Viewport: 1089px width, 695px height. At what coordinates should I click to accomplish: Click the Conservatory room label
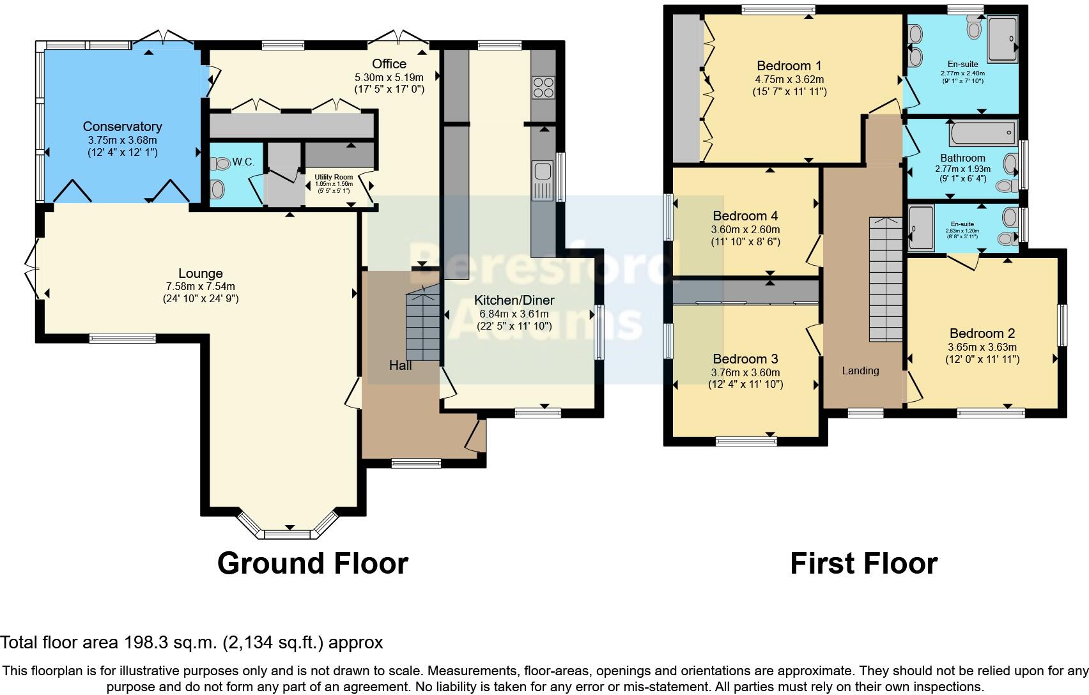pyautogui.click(x=122, y=126)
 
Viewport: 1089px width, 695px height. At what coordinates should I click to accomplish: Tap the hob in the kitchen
pyautogui.click(x=543, y=88)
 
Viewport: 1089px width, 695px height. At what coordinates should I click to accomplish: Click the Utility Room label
pyautogui.click(x=333, y=177)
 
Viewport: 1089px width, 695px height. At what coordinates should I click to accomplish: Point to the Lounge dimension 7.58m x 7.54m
pyautogui.click(x=201, y=286)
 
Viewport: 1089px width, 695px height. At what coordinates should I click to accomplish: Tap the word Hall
pyautogui.click(x=401, y=365)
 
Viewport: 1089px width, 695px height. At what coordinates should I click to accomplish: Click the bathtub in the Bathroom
pyautogui.click(x=982, y=134)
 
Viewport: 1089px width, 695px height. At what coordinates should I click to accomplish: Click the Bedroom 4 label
pyautogui.click(x=745, y=216)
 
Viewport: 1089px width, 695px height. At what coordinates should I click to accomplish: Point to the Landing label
pyautogui.click(x=860, y=370)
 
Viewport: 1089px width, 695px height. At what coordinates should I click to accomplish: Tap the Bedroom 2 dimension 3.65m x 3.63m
pyautogui.click(x=982, y=347)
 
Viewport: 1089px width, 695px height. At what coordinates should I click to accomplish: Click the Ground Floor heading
pyautogui.click(x=313, y=563)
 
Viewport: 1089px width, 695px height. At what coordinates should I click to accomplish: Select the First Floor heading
pyautogui.click(x=863, y=563)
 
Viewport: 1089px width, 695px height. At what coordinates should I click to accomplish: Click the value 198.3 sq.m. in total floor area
pyautogui.click(x=169, y=642)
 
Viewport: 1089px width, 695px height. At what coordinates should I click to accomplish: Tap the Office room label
pyautogui.click(x=389, y=63)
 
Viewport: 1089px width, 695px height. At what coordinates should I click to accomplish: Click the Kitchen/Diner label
pyautogui.click(x=514, y=300)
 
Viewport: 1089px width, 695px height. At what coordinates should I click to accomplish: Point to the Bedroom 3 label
pyautogui.click(x=745, y=359)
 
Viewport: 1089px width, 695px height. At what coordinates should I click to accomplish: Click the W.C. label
pyautogui.click(x=243, y=162)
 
